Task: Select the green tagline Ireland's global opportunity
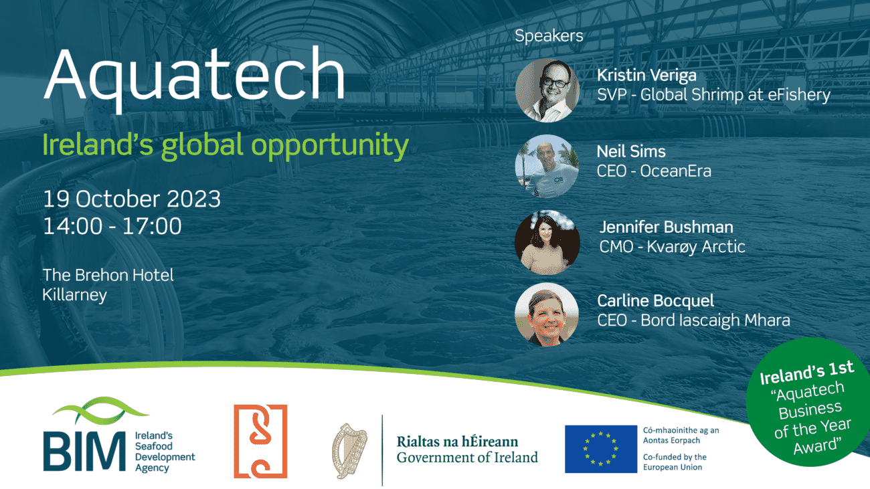coord(225,146)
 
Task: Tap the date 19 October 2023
coord(132,199)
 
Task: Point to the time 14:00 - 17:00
coord(112,226)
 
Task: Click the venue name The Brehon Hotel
coord(108,275)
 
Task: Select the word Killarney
coord(74,295)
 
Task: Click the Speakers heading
coord(549,36)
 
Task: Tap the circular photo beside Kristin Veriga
coord(547,90)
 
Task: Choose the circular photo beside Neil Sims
coord(547,166)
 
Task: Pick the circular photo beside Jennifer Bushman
coord(547,243)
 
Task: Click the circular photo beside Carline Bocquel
coord(547,314)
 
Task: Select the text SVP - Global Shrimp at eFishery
coord(713,95)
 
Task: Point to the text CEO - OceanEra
coord(654,171)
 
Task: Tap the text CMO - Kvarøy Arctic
coord(672,247)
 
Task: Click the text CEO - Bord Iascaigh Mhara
coord(693,320)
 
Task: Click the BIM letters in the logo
coord(84,451)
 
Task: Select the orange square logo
coord(260,442)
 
